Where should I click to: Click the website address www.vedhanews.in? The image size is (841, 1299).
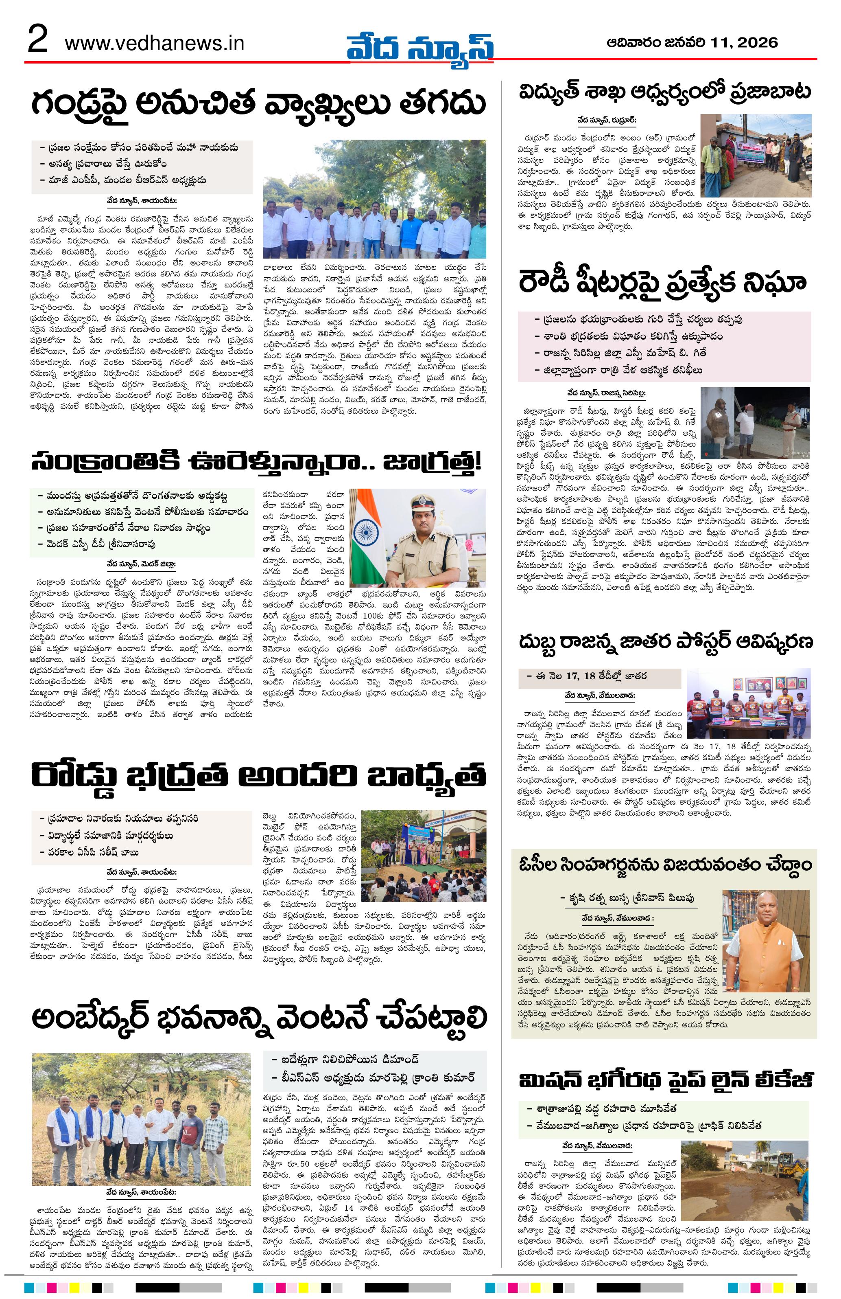point(154,44)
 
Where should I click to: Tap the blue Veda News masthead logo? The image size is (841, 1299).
point(419,48)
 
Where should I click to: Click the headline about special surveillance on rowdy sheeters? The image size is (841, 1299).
point(663,283)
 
